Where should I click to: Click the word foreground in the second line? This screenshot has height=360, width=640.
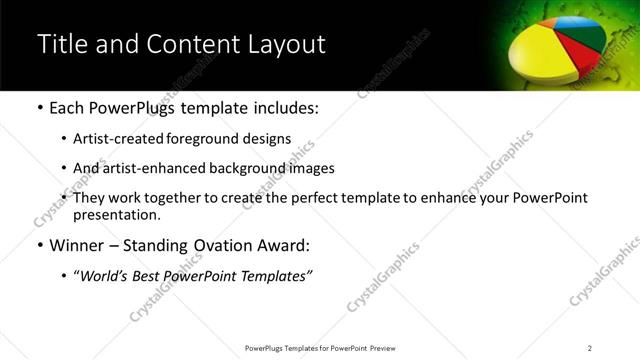point(220,140)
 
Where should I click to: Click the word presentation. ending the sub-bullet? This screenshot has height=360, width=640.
point(116,214)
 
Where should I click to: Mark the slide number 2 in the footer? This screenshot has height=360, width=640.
point(589,348)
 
